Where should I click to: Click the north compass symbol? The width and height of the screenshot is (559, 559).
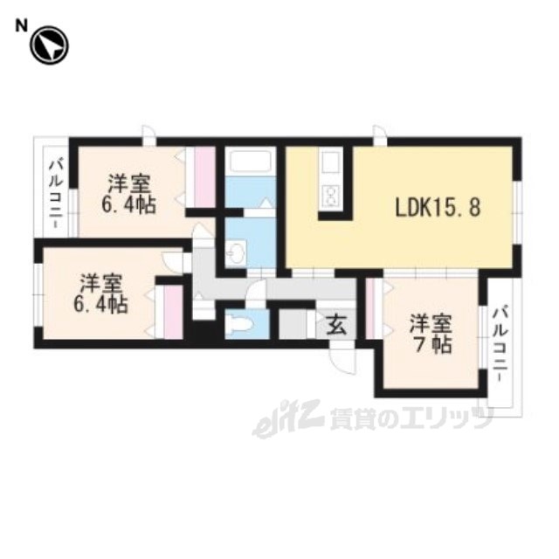click(49, 45)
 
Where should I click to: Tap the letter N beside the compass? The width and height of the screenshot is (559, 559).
click(21, 26)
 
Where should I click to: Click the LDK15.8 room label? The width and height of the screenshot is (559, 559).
click(438, 208)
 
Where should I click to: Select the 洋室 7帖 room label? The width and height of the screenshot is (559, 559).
click(431, 335)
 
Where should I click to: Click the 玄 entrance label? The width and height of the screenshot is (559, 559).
click(336, 326)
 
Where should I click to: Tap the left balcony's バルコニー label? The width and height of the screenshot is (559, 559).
click(56, 193)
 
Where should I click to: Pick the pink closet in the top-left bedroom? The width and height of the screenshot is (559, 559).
click(204, 176)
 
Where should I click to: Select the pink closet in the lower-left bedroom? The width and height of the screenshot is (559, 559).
click(174, 312)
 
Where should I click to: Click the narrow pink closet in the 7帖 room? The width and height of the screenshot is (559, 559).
click(369, 308)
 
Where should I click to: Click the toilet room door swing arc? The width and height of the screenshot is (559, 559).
click(255, 291)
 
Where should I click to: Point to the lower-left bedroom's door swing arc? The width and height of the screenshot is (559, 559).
click(172, 262)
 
